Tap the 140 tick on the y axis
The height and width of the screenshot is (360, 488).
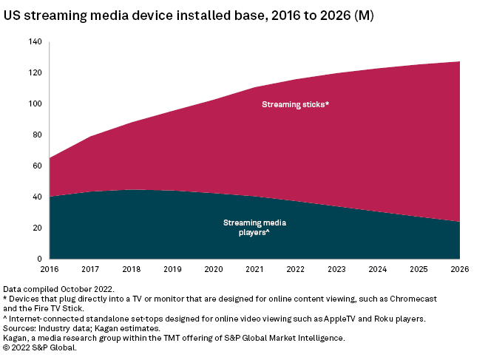(x=35, y=42)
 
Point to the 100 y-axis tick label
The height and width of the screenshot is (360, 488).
(x=35, y=104)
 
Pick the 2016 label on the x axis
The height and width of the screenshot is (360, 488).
(x=49, y=270)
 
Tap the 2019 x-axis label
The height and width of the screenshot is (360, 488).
(x=172, y=270)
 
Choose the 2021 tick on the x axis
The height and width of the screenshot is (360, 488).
(x=255, y=270)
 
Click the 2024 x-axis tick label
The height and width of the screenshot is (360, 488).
(x=379, y=270)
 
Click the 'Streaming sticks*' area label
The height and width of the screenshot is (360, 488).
(x=295, y=104)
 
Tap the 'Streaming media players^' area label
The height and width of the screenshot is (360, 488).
(x=245, y=227)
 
